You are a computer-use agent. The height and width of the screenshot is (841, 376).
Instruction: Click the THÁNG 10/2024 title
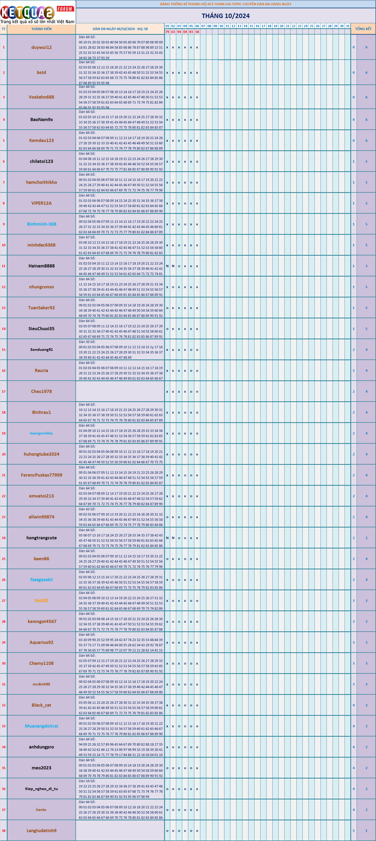pos(226,16)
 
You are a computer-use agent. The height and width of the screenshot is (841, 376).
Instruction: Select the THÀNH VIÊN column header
pos(42,29)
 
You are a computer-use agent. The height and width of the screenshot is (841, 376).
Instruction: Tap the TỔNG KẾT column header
pos(363,29)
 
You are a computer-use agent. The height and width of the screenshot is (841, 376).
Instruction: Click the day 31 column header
pos(347,26)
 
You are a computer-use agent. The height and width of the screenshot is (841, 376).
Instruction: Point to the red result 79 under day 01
pos(167,32)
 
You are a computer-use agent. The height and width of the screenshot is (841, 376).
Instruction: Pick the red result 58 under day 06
pos(197,32)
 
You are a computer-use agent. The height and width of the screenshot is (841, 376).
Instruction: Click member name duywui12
pos(42,47)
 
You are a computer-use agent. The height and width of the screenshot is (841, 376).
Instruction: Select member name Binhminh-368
pos(42,224)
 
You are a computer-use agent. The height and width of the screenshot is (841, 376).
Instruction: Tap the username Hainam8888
pos(42,266)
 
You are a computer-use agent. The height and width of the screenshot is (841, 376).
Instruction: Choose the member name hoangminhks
pos(42,433)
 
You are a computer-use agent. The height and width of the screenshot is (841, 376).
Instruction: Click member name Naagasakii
pos(42,580)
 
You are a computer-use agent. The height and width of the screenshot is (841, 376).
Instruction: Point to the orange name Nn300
pos(42,600)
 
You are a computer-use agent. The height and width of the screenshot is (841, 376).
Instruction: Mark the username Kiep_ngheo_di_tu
pos(42,788)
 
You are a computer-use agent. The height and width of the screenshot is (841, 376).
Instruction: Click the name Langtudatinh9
pos(42,830)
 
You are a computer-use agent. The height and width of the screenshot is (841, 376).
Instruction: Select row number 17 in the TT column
pos(4,391)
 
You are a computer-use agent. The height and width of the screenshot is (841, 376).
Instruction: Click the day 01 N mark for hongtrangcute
pos(167,538)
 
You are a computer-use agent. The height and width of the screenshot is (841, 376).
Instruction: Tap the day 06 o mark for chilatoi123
pos(197,162)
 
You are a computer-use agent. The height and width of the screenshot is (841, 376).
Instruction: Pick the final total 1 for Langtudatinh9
pos(366,831)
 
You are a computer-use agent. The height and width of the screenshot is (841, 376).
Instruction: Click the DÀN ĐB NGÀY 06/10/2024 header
pos(120,29)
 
